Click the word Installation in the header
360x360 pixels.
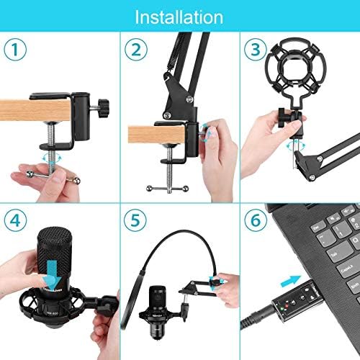point(179,16)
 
